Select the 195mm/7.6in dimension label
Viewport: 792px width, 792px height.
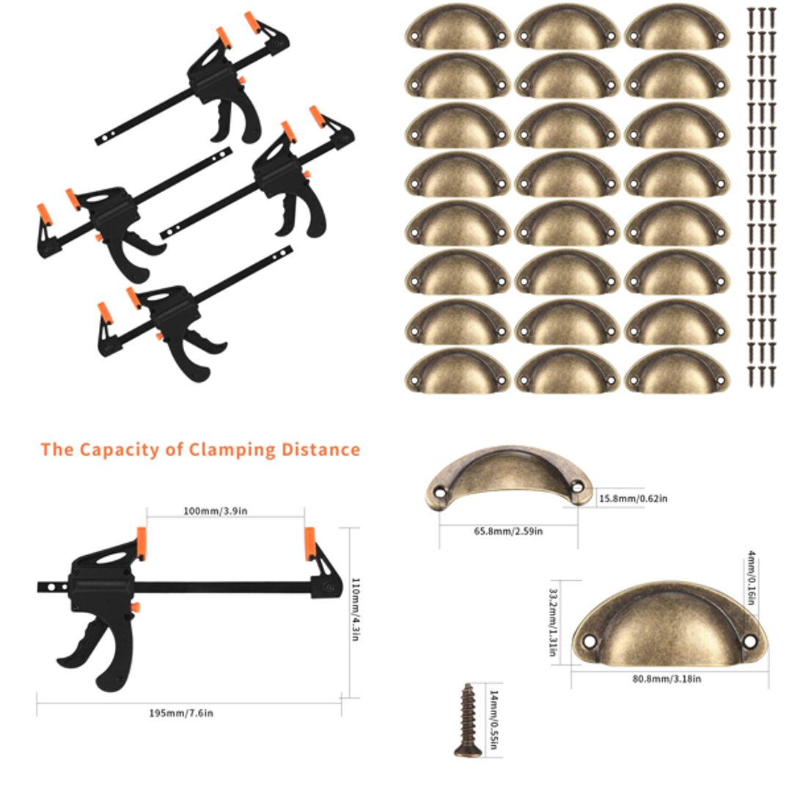(181, 713)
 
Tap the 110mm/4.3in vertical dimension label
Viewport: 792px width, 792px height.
(355, 610)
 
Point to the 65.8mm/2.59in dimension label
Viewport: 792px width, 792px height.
(508, 531)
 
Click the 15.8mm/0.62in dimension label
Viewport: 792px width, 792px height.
(633, 499)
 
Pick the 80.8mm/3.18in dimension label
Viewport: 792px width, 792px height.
(666, 679)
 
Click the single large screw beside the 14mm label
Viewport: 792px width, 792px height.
(466, 719)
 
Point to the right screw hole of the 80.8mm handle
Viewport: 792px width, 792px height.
(749, 640)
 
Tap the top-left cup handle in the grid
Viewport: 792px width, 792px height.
(457, 28)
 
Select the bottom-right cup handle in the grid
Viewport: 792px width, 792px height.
(677, 372)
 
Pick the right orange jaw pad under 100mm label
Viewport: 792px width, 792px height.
(310, 543)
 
